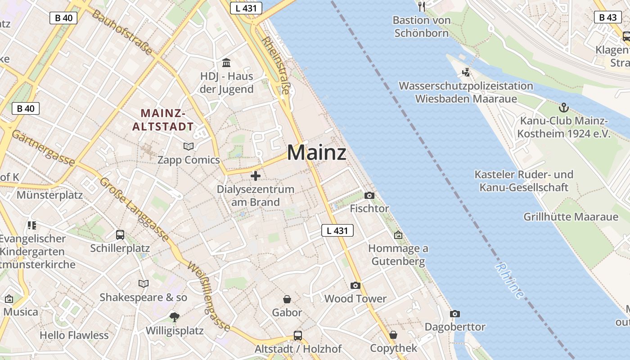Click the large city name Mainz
point(317,153)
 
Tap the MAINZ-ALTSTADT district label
point(163,120)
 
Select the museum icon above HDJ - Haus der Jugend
point(226,63)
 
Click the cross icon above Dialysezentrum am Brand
point(256,176)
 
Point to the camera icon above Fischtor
point(369,195)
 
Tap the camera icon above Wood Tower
point(355,285)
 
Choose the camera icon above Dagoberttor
point(455,314)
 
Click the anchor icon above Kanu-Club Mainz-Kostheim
point(563,108)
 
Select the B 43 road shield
point(608,17)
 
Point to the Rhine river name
point(510,281)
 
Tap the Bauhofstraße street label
point(122,32)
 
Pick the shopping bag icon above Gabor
point(287,299)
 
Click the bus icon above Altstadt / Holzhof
point(297,335)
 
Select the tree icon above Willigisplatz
point(174,317)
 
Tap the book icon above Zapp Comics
point(188,146)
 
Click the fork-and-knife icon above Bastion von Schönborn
point(421,6)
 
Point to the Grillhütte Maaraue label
point(571,217)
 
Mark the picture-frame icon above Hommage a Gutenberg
point(398,235)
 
